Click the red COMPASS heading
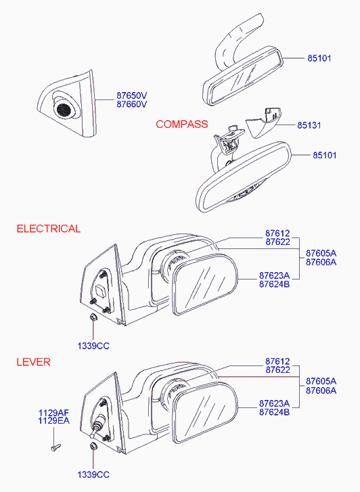tap(182, 125)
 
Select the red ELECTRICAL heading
tap(49, 229)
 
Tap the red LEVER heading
tap(34, 362)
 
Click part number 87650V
tap(132, 95)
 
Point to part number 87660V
tap(132, 104)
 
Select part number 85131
tap(309, 125)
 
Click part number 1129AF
tap(53, 413)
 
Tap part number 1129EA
tap(53, 421)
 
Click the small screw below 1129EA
tap(55, 447)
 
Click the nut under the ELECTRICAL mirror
tap(93, 317)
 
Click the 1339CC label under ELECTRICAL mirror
tap(93, 346)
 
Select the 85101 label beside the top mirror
tap(319, 58)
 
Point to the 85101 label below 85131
tap(325, 155)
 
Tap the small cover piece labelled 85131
tap(263, 122)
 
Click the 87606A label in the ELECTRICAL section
tap(321, 263)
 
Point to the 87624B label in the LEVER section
tap(274, 412)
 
